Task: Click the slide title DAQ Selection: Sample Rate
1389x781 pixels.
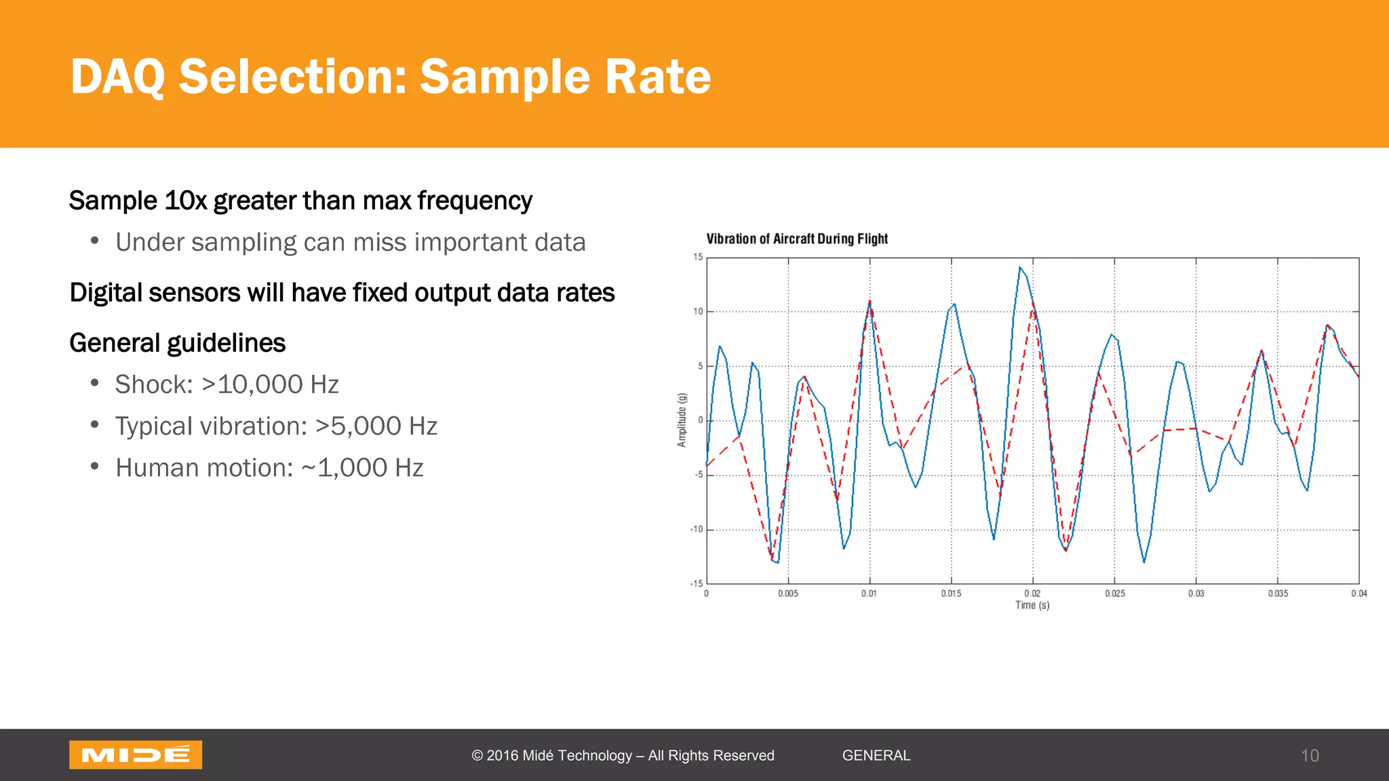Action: [x=391, y=76]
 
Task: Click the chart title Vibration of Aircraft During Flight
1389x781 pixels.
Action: [x=796, y=239]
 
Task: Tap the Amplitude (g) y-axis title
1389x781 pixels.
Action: [x=682, y=420]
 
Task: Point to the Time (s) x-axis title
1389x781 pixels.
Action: [x=1032, y=605]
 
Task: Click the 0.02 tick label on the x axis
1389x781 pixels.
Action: [x=1032, y=593]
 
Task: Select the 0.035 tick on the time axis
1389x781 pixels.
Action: [x=1278, y=593]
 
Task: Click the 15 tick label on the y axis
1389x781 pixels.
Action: [x=698, y=257]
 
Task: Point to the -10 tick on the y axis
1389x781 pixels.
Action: [x=697, y=529]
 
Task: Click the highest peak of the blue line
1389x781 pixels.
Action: [x=1019, y=267]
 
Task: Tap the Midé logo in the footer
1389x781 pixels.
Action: [x=136, y=755]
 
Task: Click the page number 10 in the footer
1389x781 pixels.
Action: [x=1310, y=755]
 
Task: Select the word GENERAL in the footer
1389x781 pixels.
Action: [x=876, y=755]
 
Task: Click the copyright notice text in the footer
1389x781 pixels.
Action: [x=623, y=755]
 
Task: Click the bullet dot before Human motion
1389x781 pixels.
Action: [x=95, y=466]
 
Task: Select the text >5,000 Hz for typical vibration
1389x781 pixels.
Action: [x=376, y=426]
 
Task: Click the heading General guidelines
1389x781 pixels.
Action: [x=177, y=343]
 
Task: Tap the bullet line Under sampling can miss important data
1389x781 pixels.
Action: [x=350, y=243]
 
